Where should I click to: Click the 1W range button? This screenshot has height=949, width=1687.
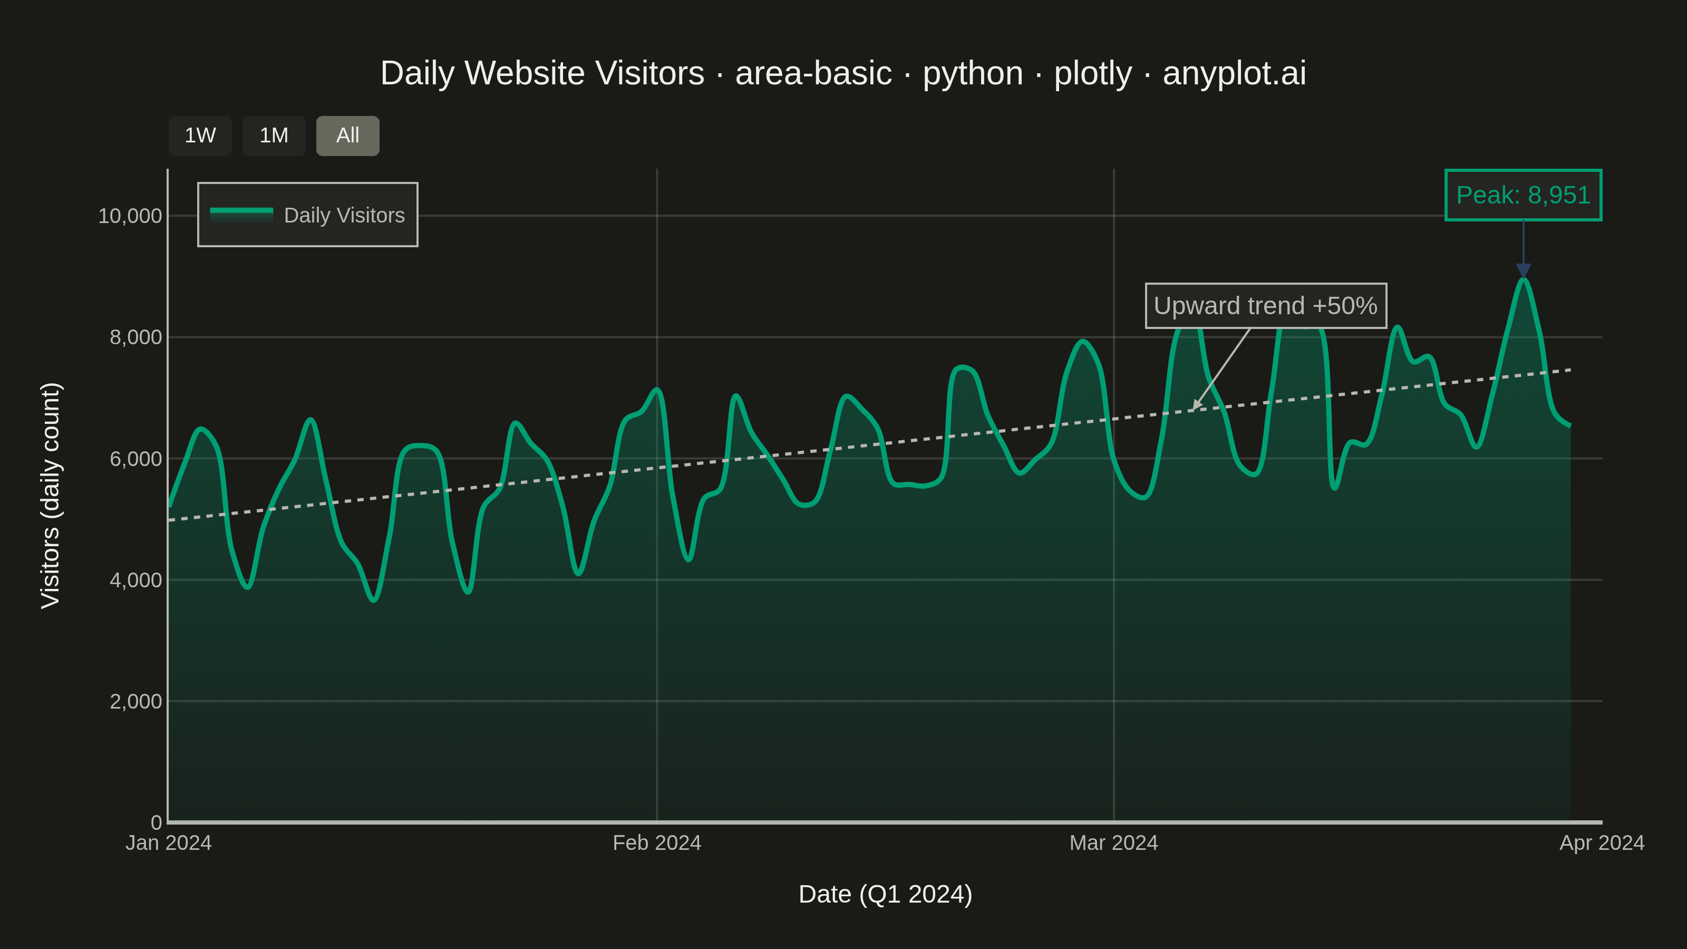tap(200, 135)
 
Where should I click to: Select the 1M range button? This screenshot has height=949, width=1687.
tap(274, 135)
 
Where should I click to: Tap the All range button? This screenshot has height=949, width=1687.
tap(348, 135)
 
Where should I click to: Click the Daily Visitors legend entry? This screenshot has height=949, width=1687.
tap(307, 215)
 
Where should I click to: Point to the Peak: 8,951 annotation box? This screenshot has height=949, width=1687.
tap(1523, 195)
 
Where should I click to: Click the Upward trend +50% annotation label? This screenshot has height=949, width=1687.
tap(1266, 306)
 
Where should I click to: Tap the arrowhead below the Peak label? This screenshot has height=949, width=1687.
tap(1523, 271)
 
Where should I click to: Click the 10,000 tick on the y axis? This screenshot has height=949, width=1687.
tap(130, 216)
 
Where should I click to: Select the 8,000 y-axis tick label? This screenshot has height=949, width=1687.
tap(135, 337)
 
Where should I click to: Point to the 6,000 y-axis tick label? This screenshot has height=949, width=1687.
tap(135, 459)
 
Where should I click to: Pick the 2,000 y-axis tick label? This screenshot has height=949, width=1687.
tap(135, 701)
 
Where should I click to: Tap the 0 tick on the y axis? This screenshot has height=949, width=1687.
tap(157, 822)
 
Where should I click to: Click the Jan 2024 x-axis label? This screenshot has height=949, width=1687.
tap(168, 843)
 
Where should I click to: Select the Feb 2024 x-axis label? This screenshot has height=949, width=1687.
tap(657, 843)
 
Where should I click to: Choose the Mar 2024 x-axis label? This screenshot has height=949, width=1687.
tap(1114, 843)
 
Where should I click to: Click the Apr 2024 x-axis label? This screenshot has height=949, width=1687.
tap(1602, 843)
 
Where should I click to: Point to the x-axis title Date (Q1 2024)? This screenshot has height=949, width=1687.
tap(886, 895)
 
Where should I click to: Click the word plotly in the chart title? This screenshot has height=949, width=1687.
tap(1093, 73)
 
